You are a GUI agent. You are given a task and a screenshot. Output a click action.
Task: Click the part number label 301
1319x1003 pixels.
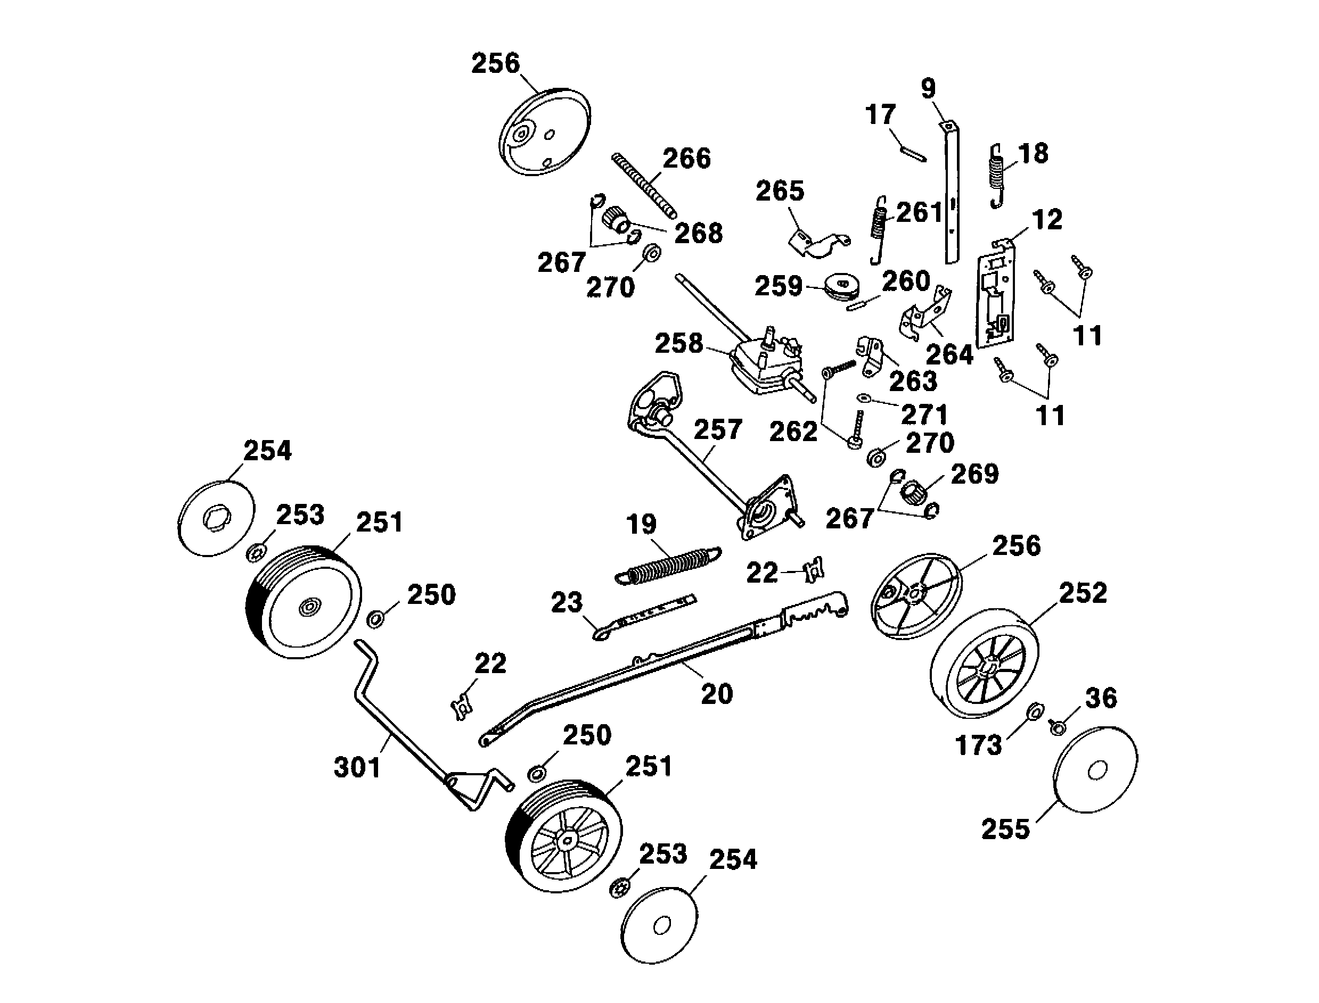coord(357,768)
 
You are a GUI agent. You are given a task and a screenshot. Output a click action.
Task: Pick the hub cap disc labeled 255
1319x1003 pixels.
coord(1095,769)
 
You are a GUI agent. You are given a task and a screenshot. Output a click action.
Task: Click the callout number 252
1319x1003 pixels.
coord(1083,593)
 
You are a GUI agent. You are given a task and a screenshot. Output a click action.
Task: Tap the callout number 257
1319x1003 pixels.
coord(717,429)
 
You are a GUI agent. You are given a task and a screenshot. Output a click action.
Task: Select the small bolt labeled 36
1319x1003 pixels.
coord(1058,728)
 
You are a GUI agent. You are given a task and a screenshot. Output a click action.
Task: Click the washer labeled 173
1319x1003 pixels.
coord(1034,711)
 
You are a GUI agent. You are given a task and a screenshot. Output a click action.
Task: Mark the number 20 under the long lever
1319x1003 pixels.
coord(716,694)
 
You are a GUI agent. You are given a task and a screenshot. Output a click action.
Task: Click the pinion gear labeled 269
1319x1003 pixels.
coord(913,493)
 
